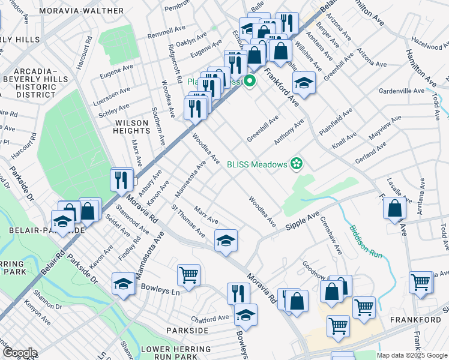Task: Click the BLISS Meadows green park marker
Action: pos(296,163)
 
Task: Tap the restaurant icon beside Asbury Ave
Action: pos(122,180)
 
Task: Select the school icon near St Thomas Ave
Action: pos(226,241)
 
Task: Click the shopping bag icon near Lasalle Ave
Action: pos(395,208)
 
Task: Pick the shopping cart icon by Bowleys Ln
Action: pos(188,275)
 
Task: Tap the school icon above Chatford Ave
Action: pos(246,315)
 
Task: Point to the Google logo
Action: pos(19,353)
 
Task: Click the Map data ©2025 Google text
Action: pos(412,355)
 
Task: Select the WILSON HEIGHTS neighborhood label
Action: pos(131,127)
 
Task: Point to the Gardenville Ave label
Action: pos(402,91)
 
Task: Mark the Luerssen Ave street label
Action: pos(113,94)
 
